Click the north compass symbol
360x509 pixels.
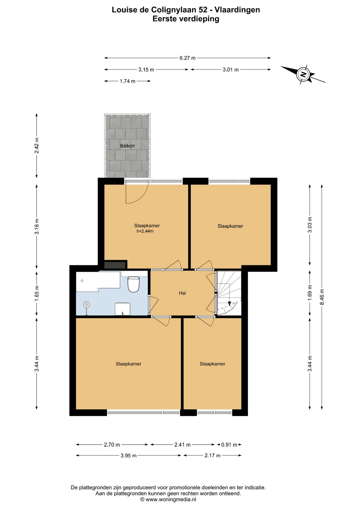coord(303,74)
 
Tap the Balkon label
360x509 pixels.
coord(127,146)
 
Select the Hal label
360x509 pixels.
coord(182,293)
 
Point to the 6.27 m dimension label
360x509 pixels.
coord(187,58)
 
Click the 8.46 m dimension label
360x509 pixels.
coord(322,298)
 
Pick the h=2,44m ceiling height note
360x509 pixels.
coord(145,231)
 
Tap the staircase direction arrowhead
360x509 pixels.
coord(229,303)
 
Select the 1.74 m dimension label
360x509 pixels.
coord(127,81)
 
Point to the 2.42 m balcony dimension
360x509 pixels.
coord(37,145)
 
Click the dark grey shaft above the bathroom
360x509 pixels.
coord(115,265)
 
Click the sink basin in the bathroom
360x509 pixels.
coord(122,309)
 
